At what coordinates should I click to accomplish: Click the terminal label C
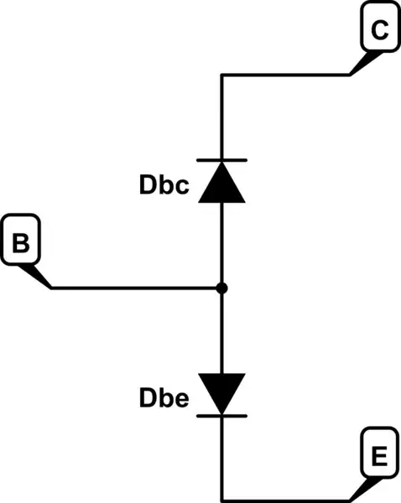tap(379, 31)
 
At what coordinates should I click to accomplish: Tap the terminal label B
tap(22, 244)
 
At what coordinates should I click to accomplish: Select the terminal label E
tap(379, 457)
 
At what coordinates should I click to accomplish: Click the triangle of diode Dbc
tap(222, 182)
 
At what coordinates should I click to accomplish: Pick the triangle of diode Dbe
tap(222, 392)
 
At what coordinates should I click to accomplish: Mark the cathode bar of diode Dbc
tap(222, 159)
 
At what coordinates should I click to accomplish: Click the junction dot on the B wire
tap(222, 288)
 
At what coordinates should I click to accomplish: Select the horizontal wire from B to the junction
tap(134, 288)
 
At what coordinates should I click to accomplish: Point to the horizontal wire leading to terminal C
tap(285, 75)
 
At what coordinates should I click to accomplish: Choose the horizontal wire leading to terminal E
tap(285, 498)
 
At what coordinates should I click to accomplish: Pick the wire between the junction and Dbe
tap(222, 331)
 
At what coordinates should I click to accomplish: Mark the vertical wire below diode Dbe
tap(222, 457)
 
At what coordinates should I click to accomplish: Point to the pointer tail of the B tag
tap(38, 276)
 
